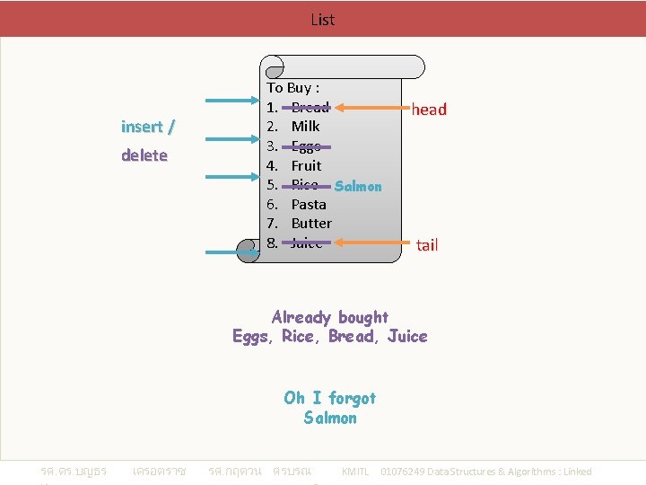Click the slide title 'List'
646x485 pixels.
322,19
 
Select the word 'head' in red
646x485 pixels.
429,110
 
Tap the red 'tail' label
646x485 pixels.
427,245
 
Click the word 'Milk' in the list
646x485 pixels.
305,127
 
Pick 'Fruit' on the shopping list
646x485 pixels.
306,166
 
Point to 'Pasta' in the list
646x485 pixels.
309,205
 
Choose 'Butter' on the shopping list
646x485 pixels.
311,224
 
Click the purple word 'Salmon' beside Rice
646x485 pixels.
357,187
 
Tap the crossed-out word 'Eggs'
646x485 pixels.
306,146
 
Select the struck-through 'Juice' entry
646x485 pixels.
306,243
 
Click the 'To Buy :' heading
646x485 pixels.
292,88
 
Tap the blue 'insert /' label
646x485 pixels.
148,127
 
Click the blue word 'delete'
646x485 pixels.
144,155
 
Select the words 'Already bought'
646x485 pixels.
329,317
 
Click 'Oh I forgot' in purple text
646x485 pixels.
329,398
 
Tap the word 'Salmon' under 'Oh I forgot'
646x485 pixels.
329,418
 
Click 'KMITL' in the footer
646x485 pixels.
355,472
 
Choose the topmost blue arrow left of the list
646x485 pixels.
231,101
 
